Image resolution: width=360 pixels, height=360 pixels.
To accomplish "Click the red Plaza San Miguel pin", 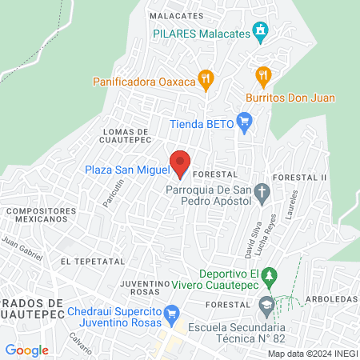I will tap(182, 162).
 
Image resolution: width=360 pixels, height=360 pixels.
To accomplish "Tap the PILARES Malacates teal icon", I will tap(259, 32).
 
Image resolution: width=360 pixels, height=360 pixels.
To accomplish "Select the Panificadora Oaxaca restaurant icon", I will tap(206, 78).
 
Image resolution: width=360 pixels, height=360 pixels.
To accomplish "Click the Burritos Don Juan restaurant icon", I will tap(263, 76).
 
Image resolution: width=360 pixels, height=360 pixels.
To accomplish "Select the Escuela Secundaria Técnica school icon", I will tap(265, 303).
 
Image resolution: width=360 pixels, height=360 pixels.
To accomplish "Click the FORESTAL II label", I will tap(300, 176).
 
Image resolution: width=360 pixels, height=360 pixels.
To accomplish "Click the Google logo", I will tap(26, 350).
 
